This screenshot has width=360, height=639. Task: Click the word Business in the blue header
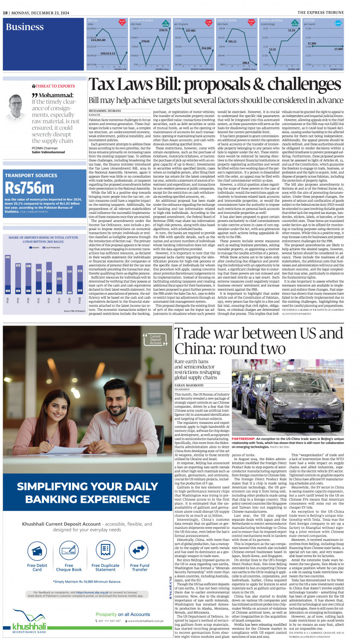coord(24,27)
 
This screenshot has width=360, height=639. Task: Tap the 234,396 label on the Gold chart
coord(206,48)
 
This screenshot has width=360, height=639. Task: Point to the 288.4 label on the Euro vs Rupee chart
coord(246,63)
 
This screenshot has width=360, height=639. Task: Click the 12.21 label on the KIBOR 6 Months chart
coord(272,50)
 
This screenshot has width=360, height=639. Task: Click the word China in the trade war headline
coord(195,349)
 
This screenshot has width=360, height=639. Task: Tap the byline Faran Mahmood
coord(189,385)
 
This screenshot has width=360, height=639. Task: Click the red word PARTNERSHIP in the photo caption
coord(243,439)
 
